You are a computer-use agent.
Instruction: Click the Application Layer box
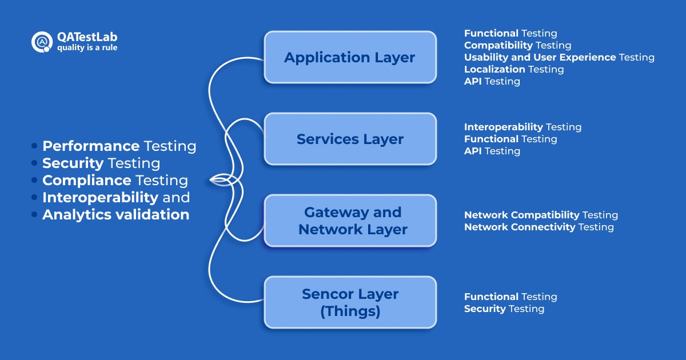tap(350, 57)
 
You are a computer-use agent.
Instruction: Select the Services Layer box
tap(350, 139)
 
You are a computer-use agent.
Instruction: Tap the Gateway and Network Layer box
tap(350, 221)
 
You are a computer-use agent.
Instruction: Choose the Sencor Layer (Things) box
tap(350, 302)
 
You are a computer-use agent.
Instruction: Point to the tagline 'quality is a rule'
tap(87, 48)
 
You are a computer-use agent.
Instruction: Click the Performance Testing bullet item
tap(119, 146)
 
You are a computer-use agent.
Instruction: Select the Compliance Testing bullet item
tap(115, 181)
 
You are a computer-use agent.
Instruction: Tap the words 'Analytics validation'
tap(115, 215)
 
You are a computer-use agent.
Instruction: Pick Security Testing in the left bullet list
tap(101, 163)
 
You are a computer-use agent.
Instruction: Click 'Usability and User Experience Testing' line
tap(559, 57)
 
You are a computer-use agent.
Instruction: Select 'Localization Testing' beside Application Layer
tap(513, 69)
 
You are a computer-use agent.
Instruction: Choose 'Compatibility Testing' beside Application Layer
tap(517, 45)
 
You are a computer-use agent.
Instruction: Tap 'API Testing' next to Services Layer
tap(492, 151)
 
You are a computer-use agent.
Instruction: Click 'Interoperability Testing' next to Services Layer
tap(523, 127)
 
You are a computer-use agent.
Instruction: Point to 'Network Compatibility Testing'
tap(541, 215)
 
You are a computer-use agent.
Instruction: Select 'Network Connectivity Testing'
tap(539, 227)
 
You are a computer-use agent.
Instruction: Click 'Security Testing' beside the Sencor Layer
tap(504, 309)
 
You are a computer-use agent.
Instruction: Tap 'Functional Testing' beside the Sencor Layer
tap(510, 297)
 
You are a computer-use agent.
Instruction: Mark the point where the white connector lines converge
tap(213, 181)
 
